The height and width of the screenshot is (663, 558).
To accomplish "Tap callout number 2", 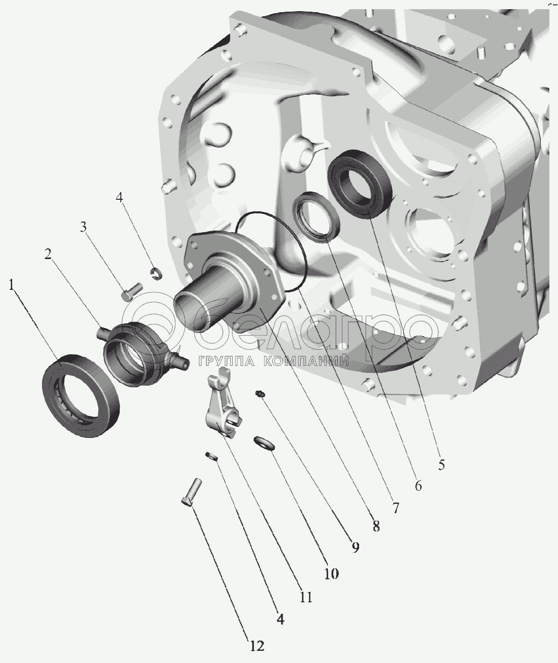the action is click(x=48, y=254).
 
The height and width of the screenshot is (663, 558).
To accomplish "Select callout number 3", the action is click(x=83, y=227).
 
